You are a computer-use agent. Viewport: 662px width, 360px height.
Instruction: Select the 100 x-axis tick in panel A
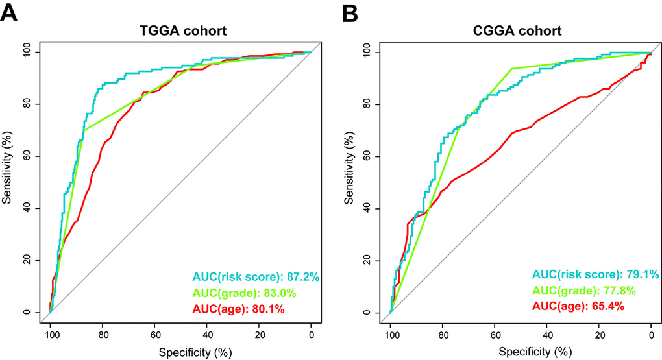point(50,335)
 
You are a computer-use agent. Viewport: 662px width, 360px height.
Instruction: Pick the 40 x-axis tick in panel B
point(548,335)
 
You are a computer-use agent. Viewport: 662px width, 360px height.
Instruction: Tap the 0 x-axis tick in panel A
point(312,335)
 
